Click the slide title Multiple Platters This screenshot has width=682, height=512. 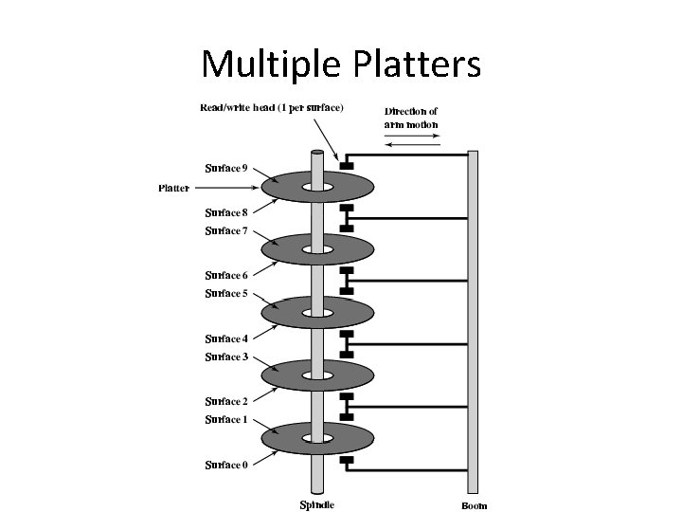[341, 64]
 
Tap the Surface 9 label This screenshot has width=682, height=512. [227, 169]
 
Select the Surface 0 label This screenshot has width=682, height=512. [227, 465]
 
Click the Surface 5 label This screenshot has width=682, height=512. [227, 294]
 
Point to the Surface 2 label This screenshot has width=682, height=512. [227, 401]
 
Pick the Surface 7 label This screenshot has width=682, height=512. [227, 230]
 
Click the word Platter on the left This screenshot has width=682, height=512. [172, 188]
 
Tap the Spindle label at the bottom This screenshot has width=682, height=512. [317, 504]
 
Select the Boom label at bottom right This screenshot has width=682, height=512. [475, 505]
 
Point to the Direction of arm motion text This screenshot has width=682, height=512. [411, 119]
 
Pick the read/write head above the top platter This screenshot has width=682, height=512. [346, 167]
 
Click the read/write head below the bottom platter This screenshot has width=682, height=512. [346, 462]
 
